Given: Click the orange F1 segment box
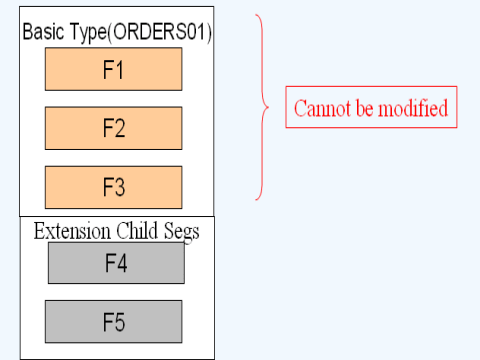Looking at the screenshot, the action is pos(113,68).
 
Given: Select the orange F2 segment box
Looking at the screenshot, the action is pos(113,127).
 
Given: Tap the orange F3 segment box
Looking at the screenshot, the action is pos(113,187).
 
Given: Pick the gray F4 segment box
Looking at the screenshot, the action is pos(116,263).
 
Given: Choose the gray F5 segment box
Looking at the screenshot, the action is pos(116,321).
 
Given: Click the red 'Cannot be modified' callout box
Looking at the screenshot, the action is pos(372,108).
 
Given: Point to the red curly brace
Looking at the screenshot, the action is pos(264,106).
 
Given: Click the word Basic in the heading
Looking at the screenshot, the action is pos(43,33).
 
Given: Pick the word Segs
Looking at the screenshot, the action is pos(181,231).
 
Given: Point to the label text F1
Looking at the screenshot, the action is pos(114,68).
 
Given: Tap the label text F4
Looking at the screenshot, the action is pos(116,263).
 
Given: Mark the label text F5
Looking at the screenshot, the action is pos(116,321).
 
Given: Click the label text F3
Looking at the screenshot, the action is pos(114,187).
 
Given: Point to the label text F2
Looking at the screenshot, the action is pos(114,127).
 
